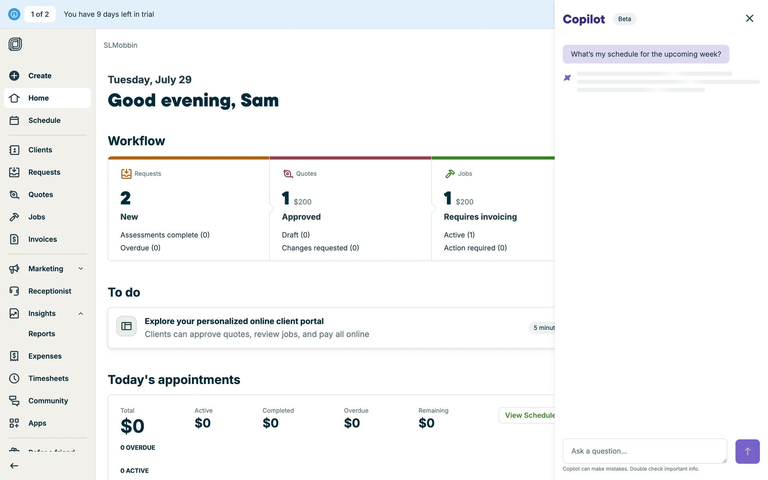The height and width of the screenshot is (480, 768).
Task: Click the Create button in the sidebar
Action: point(39,76)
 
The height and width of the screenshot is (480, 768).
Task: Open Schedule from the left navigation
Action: point(44,120)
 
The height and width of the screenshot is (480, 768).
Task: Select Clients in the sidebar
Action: point(40,150)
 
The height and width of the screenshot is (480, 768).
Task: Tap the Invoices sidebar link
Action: point(42,239)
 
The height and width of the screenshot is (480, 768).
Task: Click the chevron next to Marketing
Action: point(81,269)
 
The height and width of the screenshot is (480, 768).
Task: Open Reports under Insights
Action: point(42,334)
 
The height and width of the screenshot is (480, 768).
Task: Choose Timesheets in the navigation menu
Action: point(48,378)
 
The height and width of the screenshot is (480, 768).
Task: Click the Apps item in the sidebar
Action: point(37,423)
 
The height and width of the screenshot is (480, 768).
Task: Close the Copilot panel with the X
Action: point(749,18)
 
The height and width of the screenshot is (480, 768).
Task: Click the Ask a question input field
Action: point(644,451)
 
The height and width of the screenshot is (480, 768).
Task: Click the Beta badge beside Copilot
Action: point(624,19)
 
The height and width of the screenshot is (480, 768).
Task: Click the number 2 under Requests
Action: point(126,198)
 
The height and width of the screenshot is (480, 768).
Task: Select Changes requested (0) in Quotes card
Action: point(320,248)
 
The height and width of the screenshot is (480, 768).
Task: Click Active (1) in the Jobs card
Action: point(459,235)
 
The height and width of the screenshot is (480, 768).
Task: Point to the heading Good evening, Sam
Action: point(193,100)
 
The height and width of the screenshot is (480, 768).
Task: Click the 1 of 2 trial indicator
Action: point(40,14)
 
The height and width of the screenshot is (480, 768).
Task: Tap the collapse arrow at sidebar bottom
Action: point(14,466)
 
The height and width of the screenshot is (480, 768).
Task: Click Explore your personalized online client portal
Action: point(234,321)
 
